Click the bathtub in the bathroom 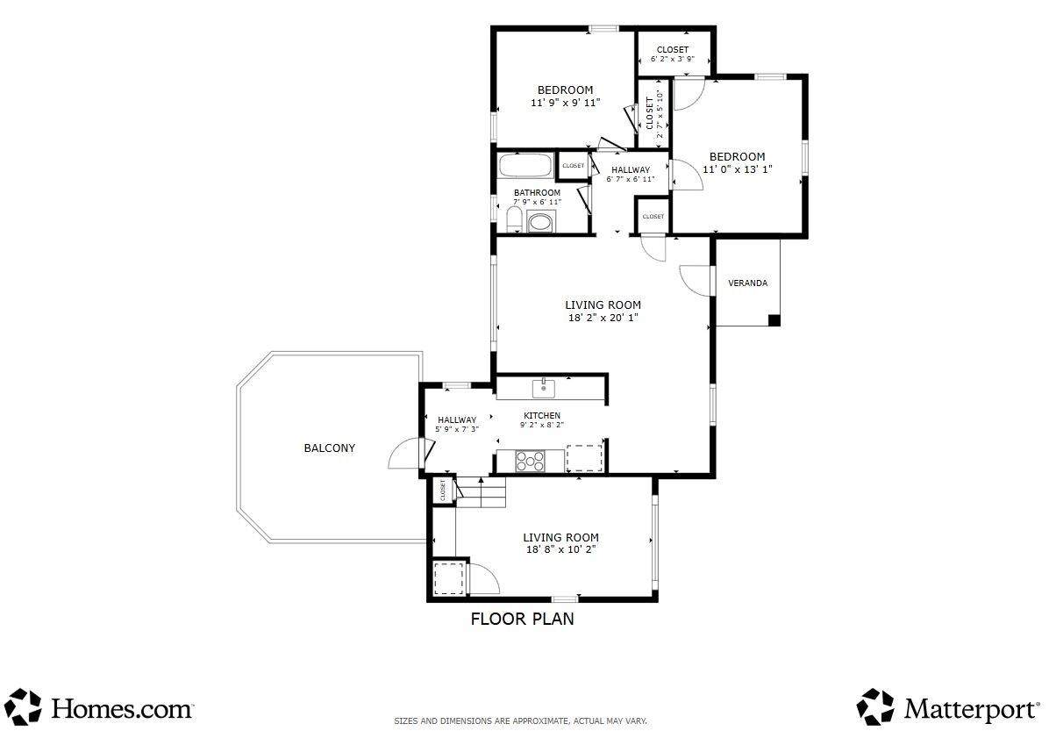[524, 166]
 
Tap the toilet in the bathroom [513, 219]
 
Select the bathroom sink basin [541, 221]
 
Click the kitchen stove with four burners [529, 461]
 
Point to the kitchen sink [544, 386]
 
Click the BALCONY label [329, 448]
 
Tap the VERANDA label [747, 283]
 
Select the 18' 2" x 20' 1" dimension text [603, 318]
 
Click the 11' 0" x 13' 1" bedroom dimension [738, 169]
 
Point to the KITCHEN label [542, 416]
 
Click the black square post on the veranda [774, 320]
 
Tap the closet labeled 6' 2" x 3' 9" [673, 54]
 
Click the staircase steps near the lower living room [481, 492]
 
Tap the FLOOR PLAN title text [523, 619]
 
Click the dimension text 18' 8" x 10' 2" [560, 549]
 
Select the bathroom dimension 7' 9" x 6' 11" [537, 202]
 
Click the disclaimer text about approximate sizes [520, 721]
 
